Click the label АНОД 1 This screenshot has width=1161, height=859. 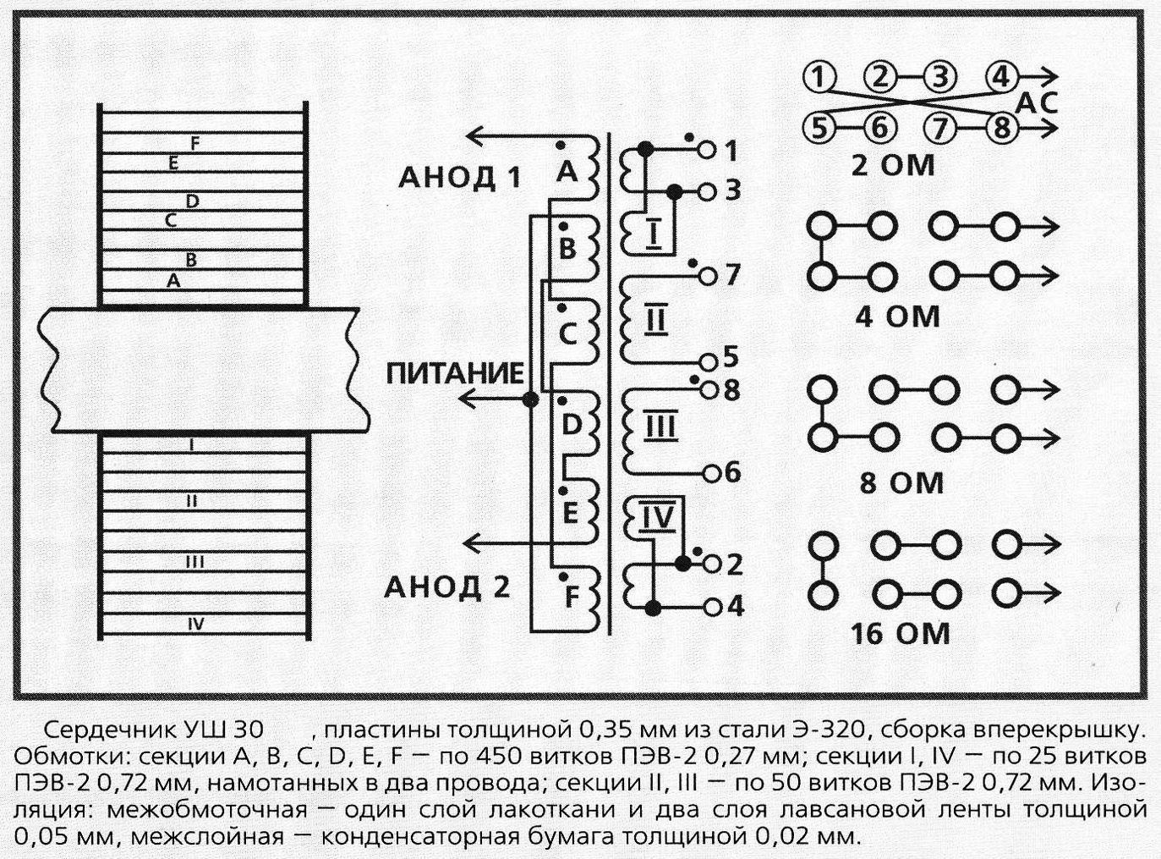460,179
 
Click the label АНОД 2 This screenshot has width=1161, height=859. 446,587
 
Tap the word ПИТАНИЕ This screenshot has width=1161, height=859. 455,374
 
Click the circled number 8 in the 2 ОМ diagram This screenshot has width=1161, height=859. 1002,127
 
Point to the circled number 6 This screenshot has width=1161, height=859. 880,127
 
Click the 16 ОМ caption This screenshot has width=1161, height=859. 900,634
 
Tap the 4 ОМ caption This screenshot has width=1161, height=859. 898,317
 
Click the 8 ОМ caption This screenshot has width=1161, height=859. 901,482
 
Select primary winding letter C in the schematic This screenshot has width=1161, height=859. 568,333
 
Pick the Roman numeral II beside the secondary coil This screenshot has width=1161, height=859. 654,320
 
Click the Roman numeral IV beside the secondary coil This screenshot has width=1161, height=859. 658,517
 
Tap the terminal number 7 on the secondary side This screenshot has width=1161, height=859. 731,274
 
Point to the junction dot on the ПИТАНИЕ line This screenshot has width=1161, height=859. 530,400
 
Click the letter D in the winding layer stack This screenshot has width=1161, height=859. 193,201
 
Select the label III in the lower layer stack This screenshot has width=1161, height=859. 194,562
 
